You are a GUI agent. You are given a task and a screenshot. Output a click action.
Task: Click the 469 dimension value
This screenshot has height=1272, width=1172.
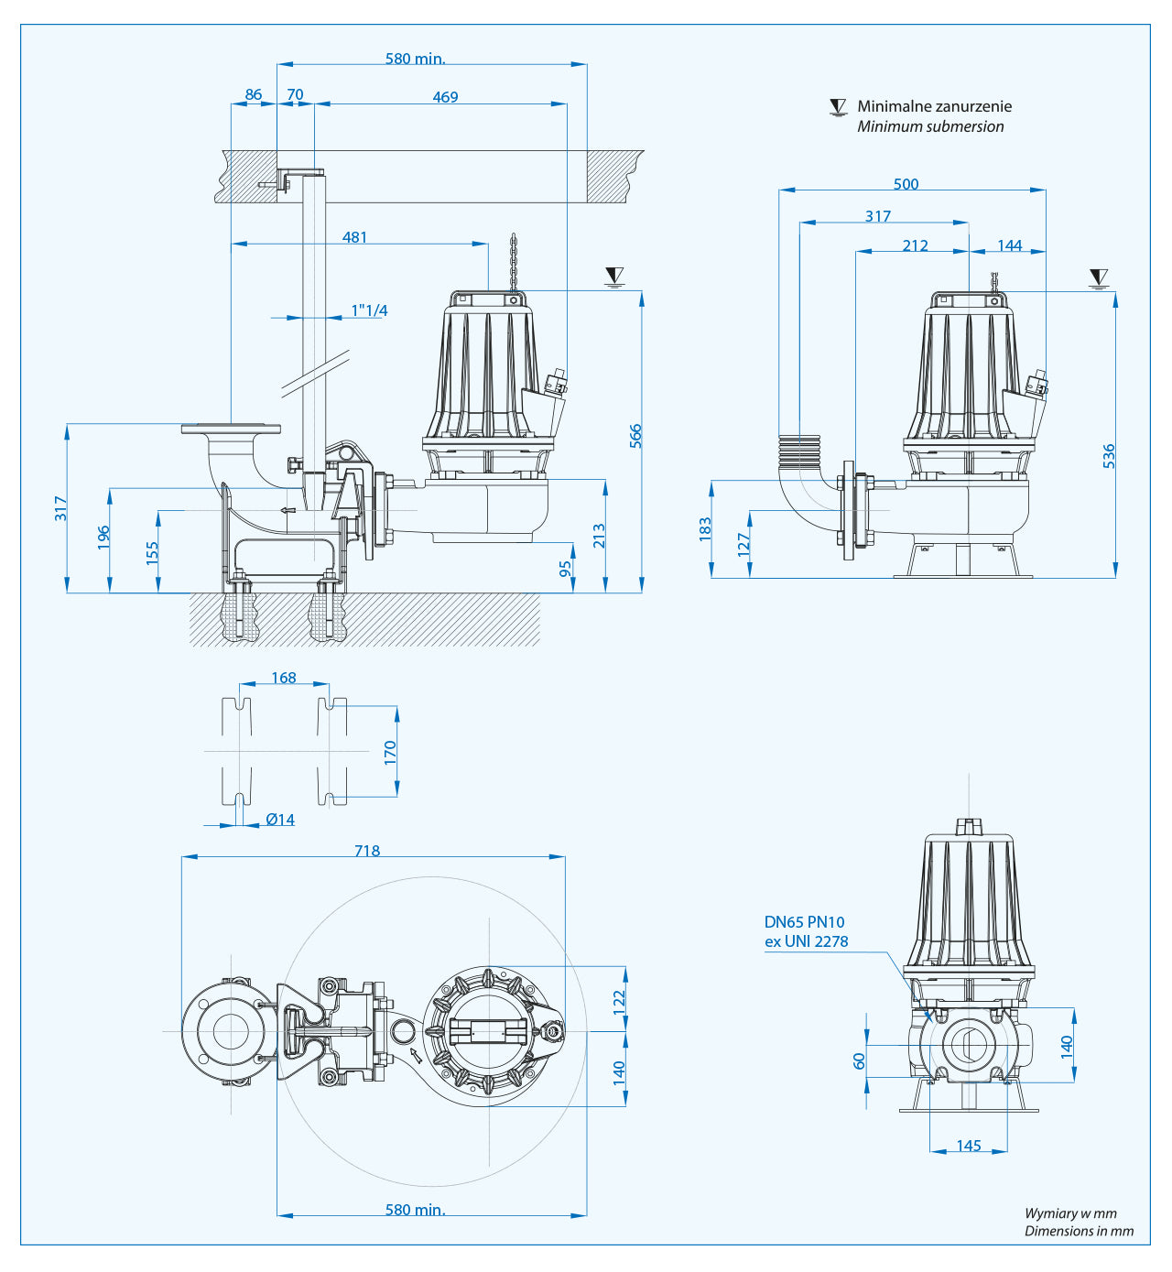pos(445,97)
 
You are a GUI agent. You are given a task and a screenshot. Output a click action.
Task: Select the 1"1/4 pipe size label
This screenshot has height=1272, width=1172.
pos(369,310)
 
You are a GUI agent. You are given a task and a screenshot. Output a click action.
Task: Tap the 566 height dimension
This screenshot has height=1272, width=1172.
pos(635,436)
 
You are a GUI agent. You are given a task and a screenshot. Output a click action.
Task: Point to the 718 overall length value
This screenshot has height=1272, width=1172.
pos(367,851)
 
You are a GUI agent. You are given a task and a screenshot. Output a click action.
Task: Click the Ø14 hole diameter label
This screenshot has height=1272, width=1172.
pos(280,820)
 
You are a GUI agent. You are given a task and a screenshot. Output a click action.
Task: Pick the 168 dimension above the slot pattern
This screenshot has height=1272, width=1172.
pos(284,678)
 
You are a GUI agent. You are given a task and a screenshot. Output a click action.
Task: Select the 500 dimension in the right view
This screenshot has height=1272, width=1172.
pos(906,184)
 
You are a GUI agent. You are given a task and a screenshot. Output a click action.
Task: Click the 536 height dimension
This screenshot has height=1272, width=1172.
pos(1109,456)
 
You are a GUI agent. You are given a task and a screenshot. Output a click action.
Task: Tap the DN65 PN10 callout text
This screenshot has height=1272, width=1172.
pos(804,922)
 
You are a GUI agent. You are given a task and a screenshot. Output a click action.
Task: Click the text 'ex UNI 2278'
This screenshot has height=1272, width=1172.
pos(806,941)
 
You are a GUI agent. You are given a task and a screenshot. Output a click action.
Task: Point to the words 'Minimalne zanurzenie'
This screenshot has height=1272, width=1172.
pos(934,106)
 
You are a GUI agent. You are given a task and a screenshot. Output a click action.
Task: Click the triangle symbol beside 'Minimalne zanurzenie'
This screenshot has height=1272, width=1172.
pos(838,107)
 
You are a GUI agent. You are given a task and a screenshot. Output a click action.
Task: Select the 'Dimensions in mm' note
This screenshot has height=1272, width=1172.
pos(1079,1231)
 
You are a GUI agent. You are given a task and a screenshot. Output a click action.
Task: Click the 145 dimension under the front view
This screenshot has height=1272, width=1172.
pos(969,1146)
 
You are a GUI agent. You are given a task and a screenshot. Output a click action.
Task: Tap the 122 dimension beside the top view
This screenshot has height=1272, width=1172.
pos(619,998)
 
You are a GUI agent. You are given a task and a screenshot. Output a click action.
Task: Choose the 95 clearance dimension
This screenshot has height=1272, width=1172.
pos(566,568)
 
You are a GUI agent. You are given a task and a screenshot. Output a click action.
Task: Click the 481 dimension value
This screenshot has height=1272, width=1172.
pos(354,237)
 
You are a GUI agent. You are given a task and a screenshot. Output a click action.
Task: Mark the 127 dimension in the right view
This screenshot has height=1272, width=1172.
pos(743,544)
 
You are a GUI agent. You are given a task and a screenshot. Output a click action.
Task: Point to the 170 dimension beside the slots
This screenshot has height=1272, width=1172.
pos(390,753)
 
